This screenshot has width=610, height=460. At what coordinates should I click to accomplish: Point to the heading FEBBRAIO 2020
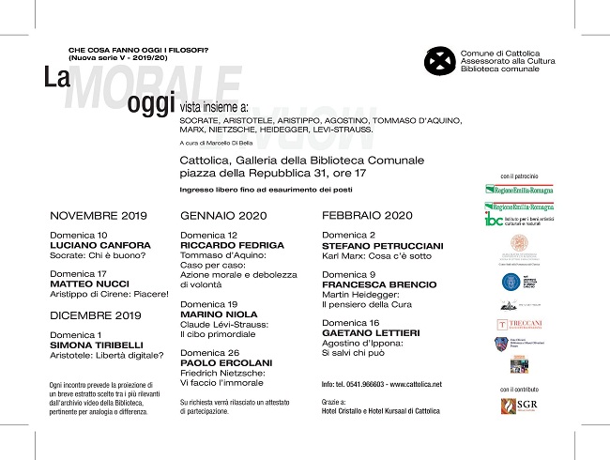coord(367,215)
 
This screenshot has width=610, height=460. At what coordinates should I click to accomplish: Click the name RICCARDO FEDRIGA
coord(226,245)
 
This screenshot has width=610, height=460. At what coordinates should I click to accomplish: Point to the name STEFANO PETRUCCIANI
coord(380,245)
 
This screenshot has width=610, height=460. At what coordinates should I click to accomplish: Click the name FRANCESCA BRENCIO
coord(379,284)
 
